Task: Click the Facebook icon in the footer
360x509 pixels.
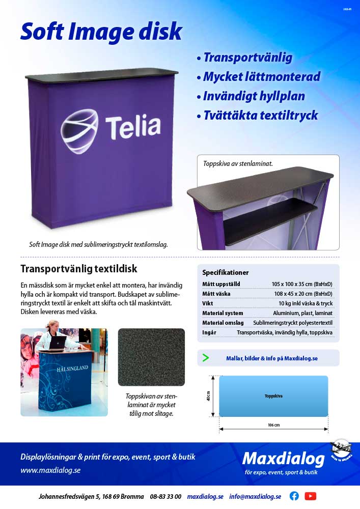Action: tap(294, 496)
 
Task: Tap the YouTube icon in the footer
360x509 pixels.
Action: tap(311, 496)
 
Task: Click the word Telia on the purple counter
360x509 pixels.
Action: tap(132, 126)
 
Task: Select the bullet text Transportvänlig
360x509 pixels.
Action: tap(247, 58)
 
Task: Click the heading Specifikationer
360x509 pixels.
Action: tap(225, 272)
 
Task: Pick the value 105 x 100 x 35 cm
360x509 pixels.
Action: tap(302, 284)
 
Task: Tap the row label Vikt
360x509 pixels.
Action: tap(208, 303)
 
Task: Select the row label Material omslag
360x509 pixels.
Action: tap(223, 323)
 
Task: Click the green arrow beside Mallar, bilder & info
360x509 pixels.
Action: tap(206, 358)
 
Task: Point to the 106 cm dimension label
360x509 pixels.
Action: tap(273, 425)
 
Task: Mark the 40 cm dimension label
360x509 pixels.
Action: tap(208, 395)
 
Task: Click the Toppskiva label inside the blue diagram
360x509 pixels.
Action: tap(273, 395)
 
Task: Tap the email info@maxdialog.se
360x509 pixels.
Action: tap(255, 496)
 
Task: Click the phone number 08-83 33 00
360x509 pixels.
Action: tap(165, 496)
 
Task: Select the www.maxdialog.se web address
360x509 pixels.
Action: tap(50, 470)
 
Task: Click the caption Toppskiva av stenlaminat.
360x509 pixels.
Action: tap(238, 164)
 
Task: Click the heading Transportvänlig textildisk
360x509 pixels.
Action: tap(79, 268)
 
